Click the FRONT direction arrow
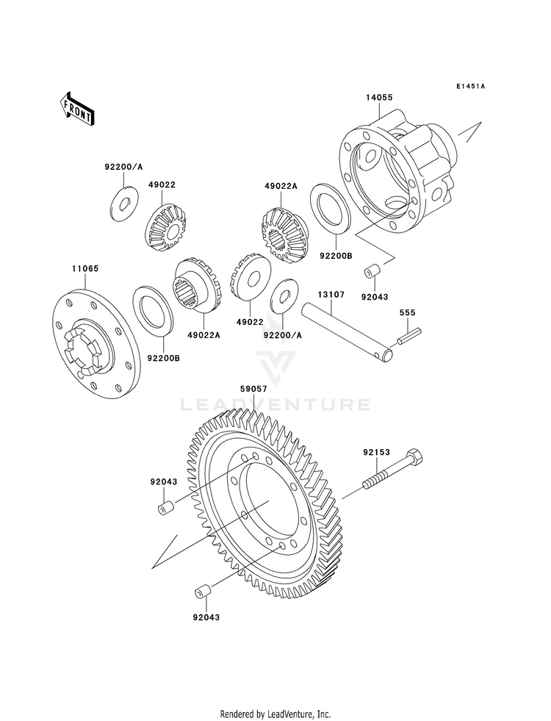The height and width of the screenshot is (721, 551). tap(77, 109)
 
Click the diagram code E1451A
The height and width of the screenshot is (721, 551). tap(471, 86)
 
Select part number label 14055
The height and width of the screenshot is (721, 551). tap(379, 98)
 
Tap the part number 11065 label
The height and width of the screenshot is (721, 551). tap(84, 268)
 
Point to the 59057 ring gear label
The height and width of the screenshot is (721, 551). tap(253, 389)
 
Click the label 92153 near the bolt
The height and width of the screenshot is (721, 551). tap(376, 453)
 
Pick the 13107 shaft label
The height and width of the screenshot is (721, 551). tap(331, 294)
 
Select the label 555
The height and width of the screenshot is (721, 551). tap(407, 312)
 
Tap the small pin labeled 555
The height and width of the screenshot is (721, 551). tap(409, 334)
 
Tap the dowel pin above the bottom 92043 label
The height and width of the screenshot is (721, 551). tap(203, 592)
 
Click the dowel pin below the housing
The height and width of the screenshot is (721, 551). tap(372, 272)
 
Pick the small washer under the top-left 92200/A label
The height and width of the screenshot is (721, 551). tap(125, 201)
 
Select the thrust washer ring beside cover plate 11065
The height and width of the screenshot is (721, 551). tap(153, 309)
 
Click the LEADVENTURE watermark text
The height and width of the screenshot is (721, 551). tap(275, 405)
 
